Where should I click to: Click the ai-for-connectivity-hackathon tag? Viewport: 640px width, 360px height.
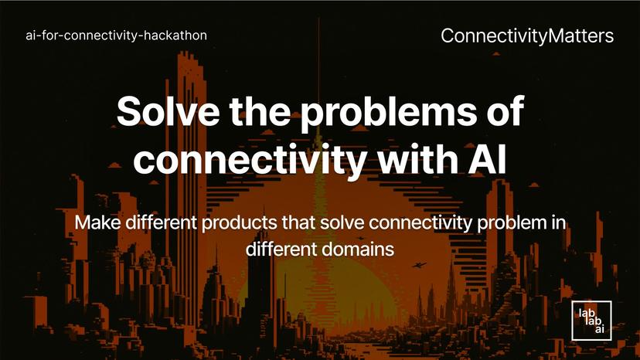(117, 36)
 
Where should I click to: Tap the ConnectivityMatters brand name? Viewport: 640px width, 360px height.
(527, 36)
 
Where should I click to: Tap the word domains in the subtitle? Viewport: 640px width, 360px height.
(362, 250)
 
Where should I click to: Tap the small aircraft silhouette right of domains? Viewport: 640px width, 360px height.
(419, 265)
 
